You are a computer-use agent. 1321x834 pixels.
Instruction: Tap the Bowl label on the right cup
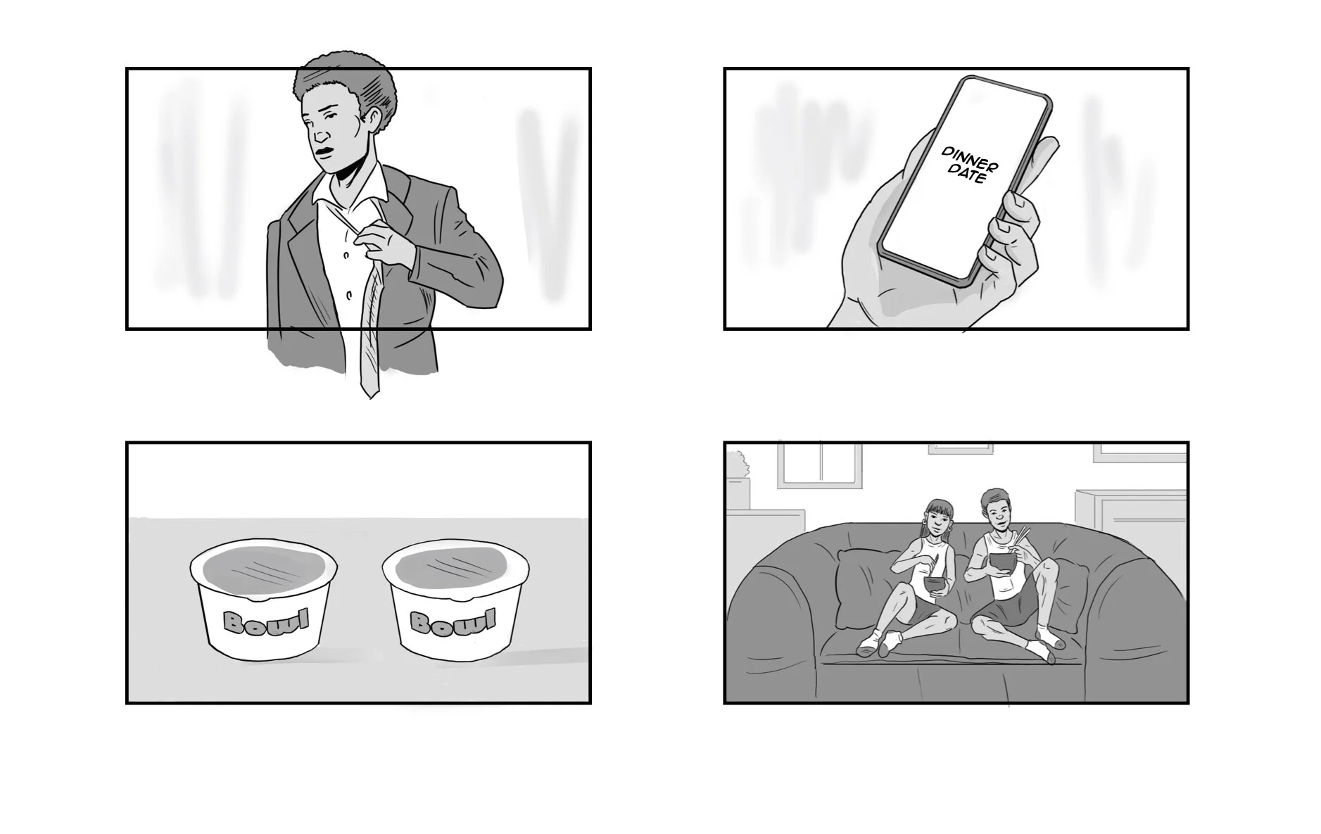coord(453,621)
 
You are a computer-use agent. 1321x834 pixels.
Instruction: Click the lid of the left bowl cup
coord(263,569)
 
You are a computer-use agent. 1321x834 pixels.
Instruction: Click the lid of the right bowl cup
coord(455,567)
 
